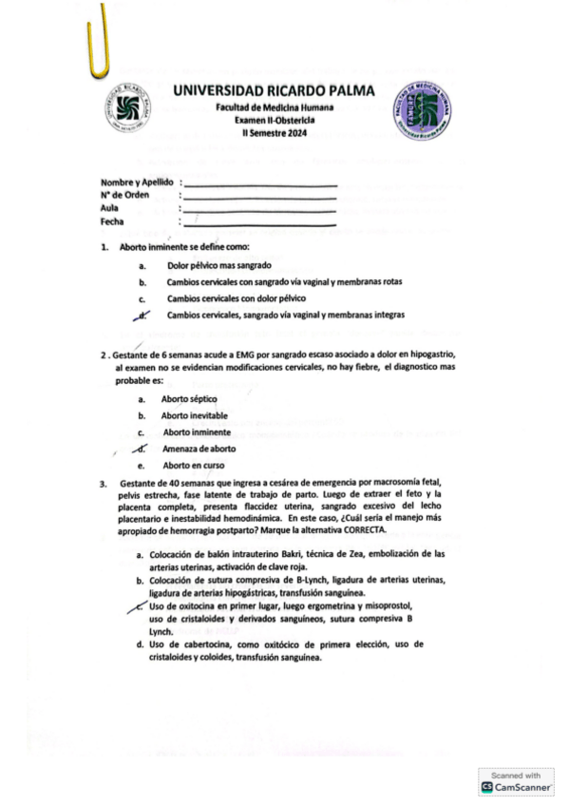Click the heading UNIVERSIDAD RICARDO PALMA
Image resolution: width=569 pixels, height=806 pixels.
pyautogui.click(x=274, y=90)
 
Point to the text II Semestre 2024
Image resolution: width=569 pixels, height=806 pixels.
pyautogui.click(x=275, y=142)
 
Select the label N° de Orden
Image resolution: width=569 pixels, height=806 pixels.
pyautogui.click(x=126, y=195)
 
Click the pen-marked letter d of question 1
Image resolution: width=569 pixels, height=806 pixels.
pyautogui.click(x=142, y=314)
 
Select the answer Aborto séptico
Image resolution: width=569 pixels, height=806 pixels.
pyautogui.click(x=189, y=399)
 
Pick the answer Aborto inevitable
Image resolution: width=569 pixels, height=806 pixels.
pyautogui.click(x=194, y=415)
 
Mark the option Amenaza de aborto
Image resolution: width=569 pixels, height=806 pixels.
pyautogui.click(x=199, y=448)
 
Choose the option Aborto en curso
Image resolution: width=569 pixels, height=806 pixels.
pyautogui.click(x=194, y=466)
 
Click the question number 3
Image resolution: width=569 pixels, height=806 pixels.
pyautogui.click(x=104, y=485)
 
